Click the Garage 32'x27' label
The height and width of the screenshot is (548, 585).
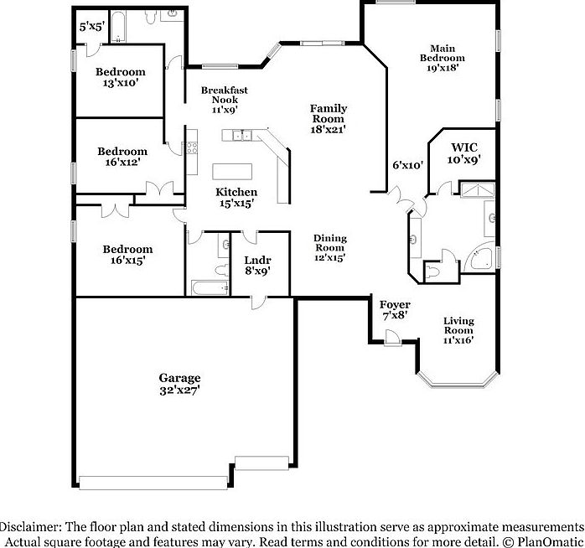click(179, 384)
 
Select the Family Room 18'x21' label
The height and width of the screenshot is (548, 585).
click(328, 119)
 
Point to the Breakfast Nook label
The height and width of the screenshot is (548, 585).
click(224, 99)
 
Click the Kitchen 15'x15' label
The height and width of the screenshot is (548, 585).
click(236, 198)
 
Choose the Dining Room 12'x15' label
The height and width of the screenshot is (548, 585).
click(329, 248)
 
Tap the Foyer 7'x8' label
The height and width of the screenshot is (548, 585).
click(394, 310)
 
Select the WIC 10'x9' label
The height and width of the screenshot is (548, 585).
click(463, 152)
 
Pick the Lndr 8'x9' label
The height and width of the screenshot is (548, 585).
click(256, 266)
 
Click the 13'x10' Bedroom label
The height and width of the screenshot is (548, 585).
click(120, 77)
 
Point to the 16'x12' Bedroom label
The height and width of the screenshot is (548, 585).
click(122, 157)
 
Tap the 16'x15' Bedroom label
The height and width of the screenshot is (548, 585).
click(127, 255)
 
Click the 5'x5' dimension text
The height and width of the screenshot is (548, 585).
click(91, 27)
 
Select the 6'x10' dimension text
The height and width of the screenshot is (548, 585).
click(408, 166)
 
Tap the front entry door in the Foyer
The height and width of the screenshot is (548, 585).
click(390, 337)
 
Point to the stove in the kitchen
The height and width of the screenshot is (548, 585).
click(190, 149)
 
